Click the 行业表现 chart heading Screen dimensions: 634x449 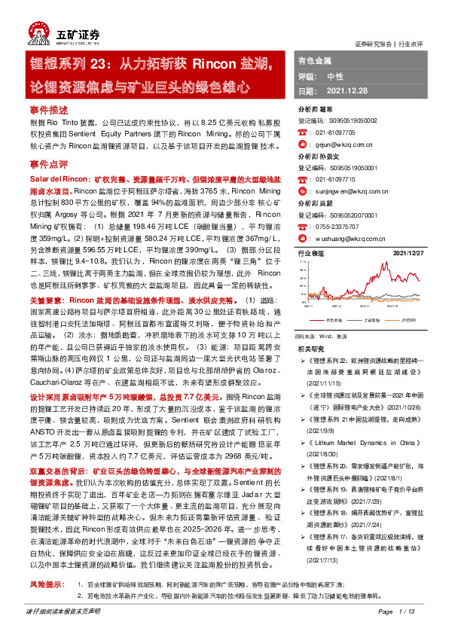(312, 255)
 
